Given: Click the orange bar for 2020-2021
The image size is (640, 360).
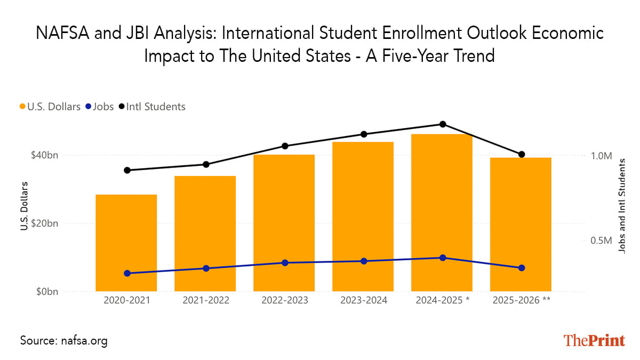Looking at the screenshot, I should point(126,243).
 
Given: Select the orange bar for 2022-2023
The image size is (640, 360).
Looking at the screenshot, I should point(284,223).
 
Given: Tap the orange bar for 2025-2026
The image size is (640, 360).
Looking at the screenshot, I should point(521,224).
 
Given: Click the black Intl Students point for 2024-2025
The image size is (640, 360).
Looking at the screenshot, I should point(443,124).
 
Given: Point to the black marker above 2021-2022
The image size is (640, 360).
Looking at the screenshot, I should point(206,164).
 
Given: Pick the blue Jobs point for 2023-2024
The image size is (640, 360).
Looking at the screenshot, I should point(364,261).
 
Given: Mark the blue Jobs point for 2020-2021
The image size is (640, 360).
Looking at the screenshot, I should point(127,273).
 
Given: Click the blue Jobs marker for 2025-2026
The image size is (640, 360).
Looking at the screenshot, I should point(522,268).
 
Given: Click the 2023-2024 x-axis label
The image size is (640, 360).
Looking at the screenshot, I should point(364,300).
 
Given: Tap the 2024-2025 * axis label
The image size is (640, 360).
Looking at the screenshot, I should point(443,300).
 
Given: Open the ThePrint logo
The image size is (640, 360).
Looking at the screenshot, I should point(594,340).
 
